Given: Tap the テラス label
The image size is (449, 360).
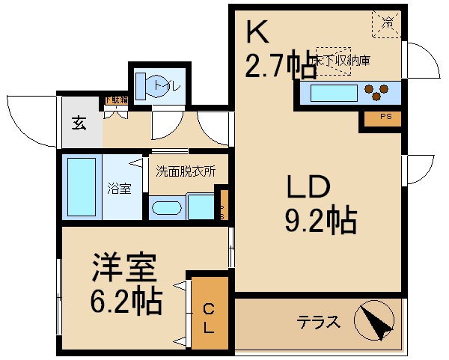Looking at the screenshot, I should coord(319,323).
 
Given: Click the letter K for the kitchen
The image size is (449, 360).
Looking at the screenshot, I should coord(257,33).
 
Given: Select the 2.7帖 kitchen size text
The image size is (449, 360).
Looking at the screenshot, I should coord(281,67).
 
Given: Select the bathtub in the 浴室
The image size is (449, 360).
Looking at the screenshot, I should coord(82,186).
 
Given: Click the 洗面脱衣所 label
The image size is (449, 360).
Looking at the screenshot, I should coord(186,171).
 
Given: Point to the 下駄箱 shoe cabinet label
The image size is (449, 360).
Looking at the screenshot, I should coord(115,100).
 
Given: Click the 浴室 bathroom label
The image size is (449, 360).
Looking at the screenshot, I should coord(119,189).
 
